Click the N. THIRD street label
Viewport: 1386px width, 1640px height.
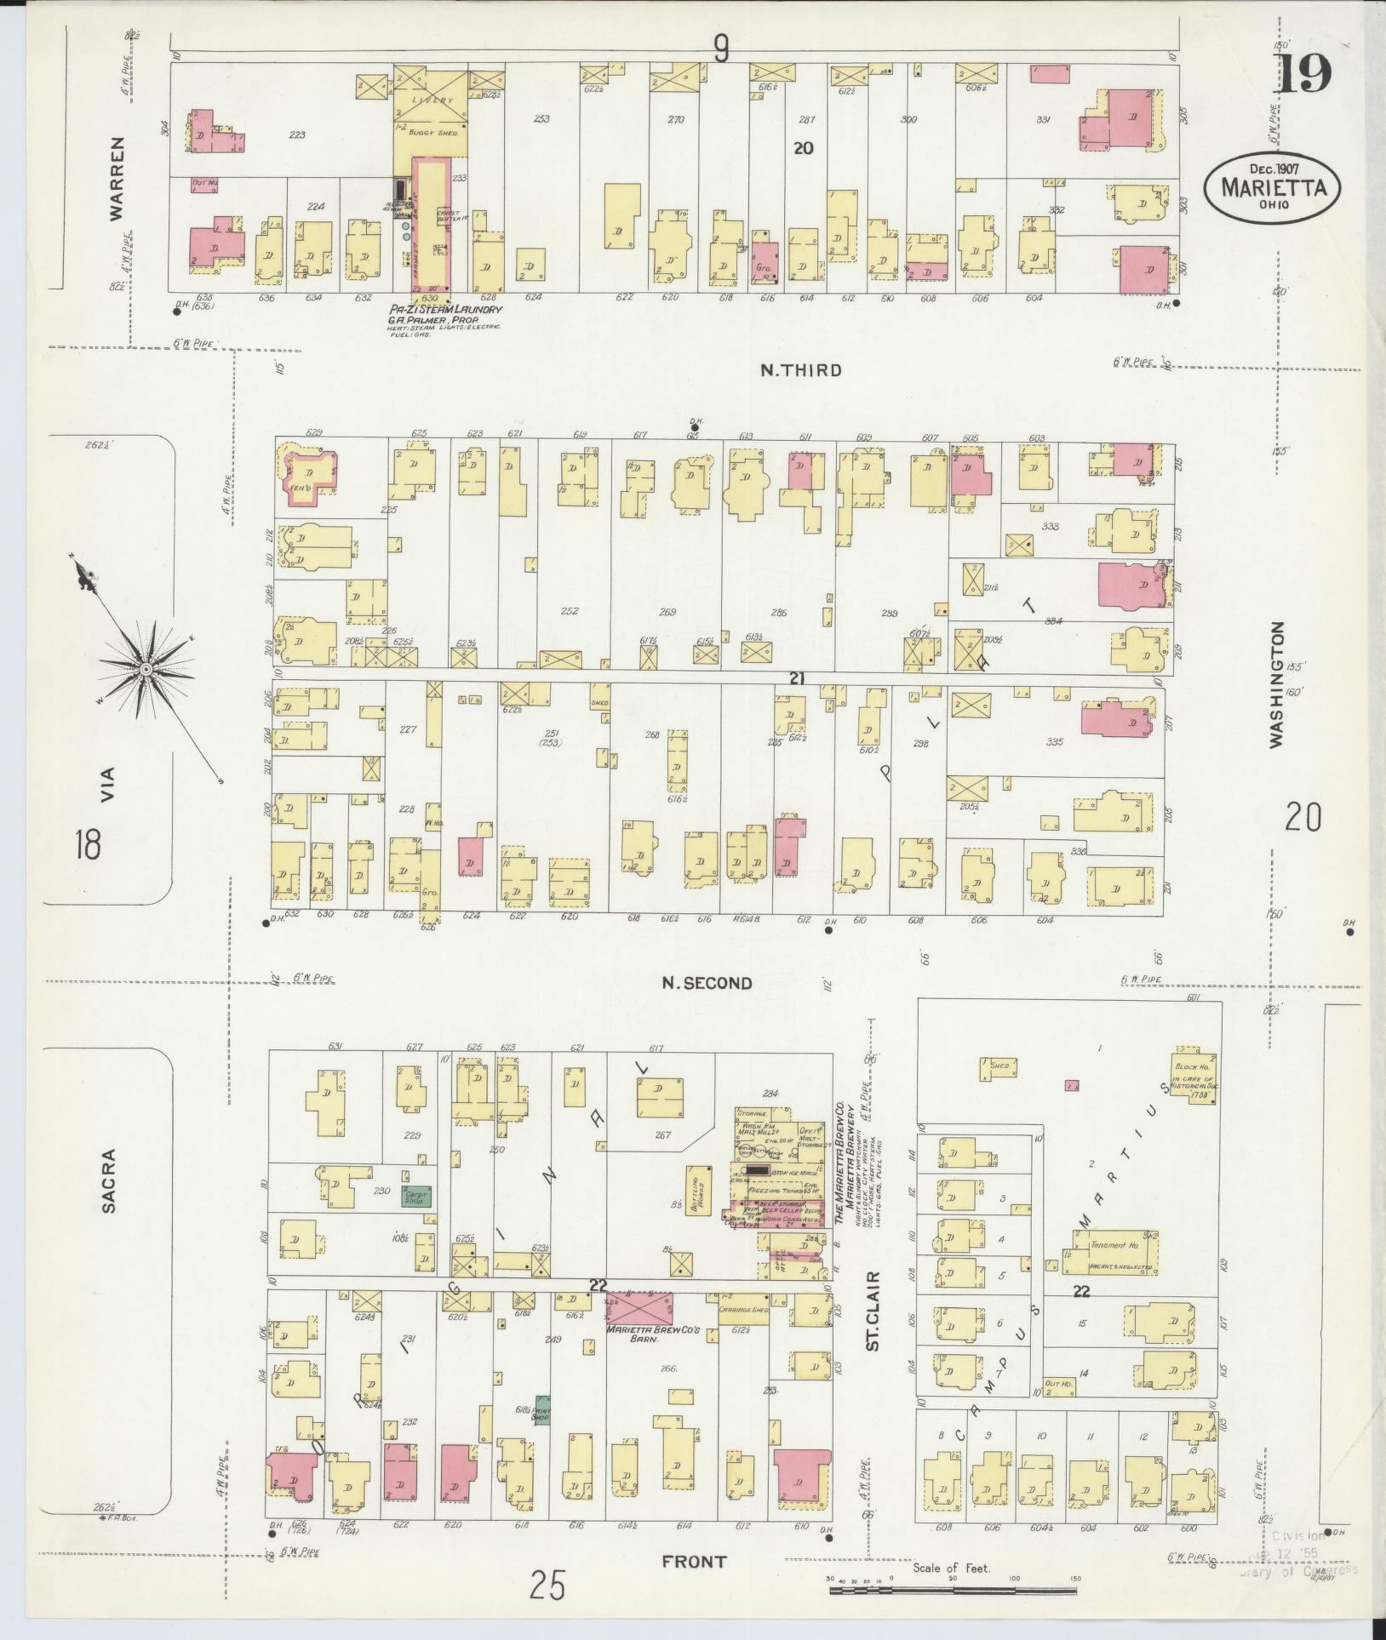tap(800, 370)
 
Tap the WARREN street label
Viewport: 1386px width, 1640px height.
tap(117, 179)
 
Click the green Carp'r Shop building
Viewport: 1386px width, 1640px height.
tap(415, 1196)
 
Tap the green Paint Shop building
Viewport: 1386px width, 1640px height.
tap(541, 1410)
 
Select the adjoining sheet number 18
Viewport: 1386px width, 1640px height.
tap(87, 845)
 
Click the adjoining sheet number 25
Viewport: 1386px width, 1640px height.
tap(547, 1586)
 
